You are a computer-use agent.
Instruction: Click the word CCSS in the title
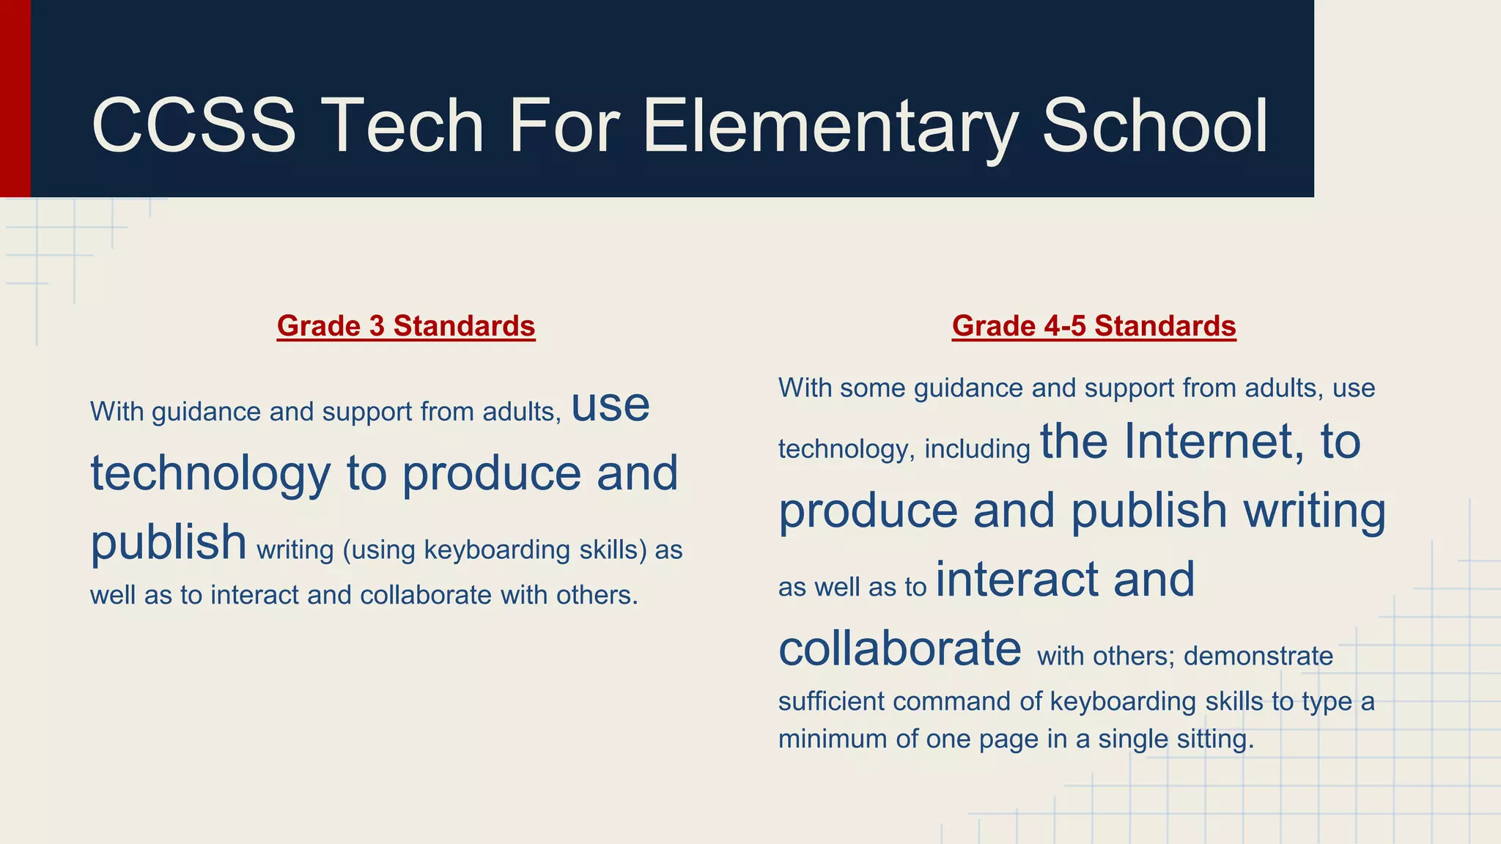[x=193, y=126]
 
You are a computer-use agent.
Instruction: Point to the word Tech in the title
[x=402, y=126]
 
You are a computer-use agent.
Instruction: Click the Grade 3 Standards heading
[x=406, y=326]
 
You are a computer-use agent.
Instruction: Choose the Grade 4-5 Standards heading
[x=1094, y=326]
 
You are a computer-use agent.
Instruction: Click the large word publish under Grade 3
[x=169, y=542]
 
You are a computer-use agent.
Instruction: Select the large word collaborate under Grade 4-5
[x=899, y=648]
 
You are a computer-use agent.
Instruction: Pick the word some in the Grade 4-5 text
[x=872, y=388]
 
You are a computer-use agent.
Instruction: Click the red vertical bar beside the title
[x=15, y=98]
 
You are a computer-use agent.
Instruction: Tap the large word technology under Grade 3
[x=210, y=473]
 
